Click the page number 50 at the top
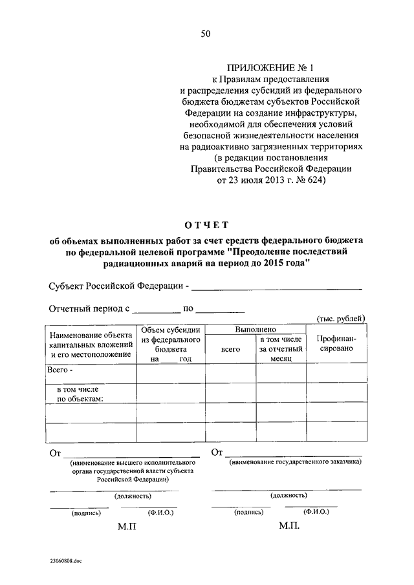[206, 34]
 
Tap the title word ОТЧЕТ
[206, 225]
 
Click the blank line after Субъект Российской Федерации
[276, 288]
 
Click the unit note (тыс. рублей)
[340, 318]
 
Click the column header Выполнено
[255, 330]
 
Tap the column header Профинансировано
[335, 343]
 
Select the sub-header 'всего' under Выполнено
[230, 349]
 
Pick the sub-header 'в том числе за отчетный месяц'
[281, 348]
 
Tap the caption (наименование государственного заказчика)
[295, 462]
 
